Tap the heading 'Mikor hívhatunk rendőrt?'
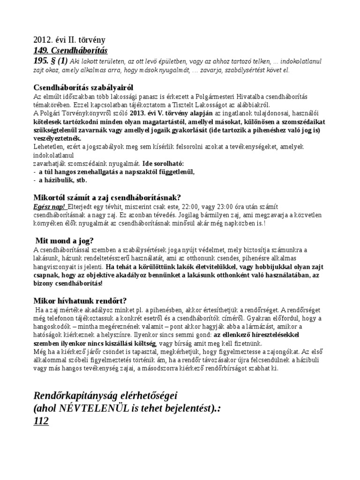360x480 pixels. pos(80,300)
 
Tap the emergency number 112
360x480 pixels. pos(41,421)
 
